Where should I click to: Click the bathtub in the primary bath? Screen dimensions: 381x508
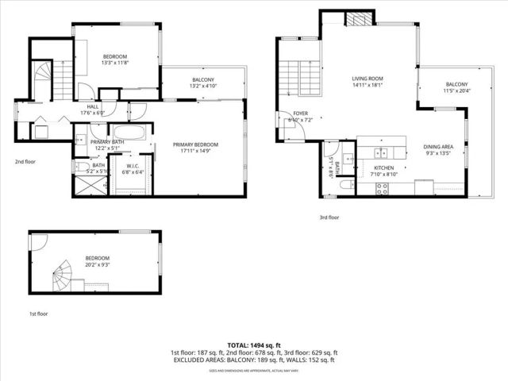tap(129, 132)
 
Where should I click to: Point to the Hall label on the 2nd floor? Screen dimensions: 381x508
tap(93, 111)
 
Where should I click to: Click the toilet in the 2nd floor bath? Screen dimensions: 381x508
tap(80, 167)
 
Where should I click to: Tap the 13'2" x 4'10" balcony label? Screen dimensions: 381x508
tap(202, 83)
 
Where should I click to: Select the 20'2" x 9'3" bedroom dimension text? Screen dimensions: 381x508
tap(97, 264)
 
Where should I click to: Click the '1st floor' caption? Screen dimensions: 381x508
tap(40, 314)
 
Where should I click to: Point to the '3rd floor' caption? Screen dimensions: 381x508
tap(329, 217)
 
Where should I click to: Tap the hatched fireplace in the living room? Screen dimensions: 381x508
tap(362, 19)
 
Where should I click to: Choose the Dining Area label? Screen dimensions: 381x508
tap(437, 149)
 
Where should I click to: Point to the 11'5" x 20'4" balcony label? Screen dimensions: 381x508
tap(456, 87)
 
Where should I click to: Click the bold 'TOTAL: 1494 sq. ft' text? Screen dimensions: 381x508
tap(253, 345)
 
